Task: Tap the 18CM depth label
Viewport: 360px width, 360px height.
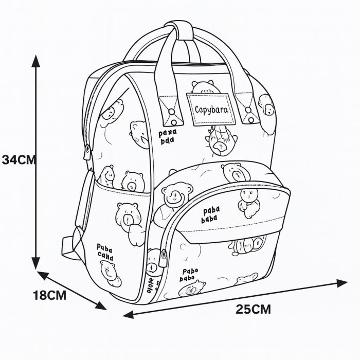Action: [50, 296]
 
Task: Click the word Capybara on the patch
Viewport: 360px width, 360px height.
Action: [211, 109]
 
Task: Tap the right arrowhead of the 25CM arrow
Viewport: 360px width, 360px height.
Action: [343, 282]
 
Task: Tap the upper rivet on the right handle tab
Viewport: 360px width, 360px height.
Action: [248, 99]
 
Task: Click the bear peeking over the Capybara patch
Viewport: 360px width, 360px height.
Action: [204, 87]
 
